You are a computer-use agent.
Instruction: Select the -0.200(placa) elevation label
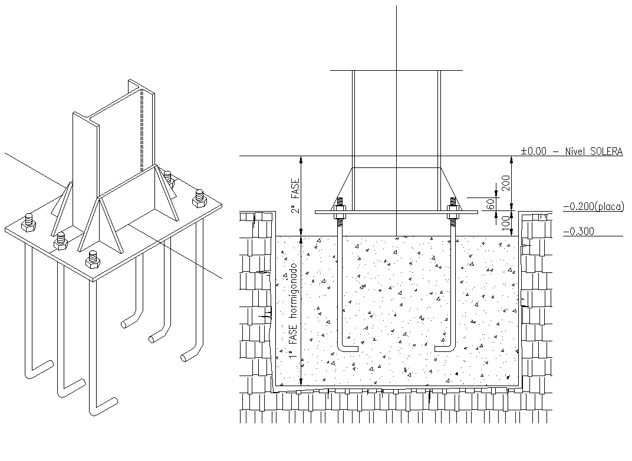tap(592, 206)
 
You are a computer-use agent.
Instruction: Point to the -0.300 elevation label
tap(578, 232)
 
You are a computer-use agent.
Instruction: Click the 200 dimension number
tap(505, 183)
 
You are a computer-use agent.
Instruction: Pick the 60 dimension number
tap(491, 203)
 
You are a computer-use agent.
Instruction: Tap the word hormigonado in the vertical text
tap(292, 296)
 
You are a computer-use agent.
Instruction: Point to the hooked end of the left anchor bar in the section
tap(348, 348)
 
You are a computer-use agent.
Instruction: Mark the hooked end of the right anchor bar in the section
tap(443, 348)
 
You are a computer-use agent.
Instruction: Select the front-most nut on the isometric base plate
tap(92, 259)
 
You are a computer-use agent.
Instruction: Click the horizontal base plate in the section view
tap(396, 211)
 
